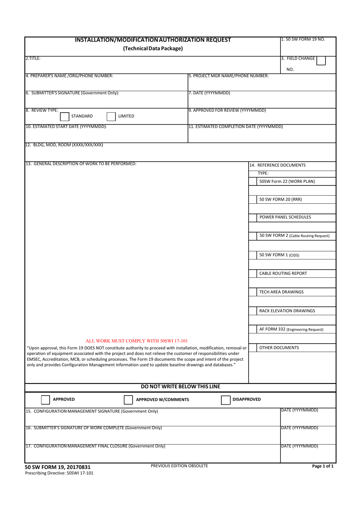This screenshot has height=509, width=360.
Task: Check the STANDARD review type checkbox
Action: pos(65,116)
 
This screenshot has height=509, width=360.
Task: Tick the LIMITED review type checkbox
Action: pos(111,116)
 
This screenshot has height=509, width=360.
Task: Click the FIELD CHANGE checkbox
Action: pos(321,60)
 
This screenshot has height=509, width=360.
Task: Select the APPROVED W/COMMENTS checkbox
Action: pos(128,400)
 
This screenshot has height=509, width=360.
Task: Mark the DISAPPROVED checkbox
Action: pos(225,400)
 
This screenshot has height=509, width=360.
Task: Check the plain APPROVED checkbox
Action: pos(45,400)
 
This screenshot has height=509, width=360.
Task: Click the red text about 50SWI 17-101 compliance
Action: pos(137,341)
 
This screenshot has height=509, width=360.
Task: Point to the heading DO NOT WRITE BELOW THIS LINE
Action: pos(180,387)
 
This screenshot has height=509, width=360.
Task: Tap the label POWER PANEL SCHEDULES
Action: pos(285,217)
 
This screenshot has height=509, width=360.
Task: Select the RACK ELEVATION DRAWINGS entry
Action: pos(287,311)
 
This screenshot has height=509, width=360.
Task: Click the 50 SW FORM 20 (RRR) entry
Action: pos(280,200)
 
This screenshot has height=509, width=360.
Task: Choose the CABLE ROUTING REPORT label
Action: pos(283,273)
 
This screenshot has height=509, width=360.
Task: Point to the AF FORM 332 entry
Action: pos(291,330)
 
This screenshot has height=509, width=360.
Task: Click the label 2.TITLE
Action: pos(33,59)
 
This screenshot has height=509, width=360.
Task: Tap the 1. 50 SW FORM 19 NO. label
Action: pos(303,39)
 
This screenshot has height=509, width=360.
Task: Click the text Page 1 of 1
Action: pos(322,467)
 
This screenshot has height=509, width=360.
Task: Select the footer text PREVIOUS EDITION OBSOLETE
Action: pos(179,466)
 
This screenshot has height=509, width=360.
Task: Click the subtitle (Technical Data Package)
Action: pos(153,49)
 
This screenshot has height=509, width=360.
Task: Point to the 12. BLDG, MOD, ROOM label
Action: pos(64,145)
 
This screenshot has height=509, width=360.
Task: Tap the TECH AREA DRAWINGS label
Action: pos(281,292)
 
